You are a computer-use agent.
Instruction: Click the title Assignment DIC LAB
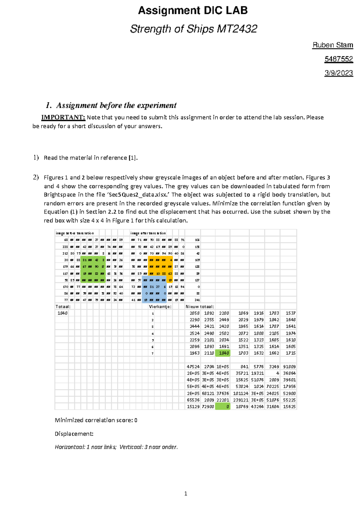click(193, 11)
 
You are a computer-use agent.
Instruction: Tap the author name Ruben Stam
click(333, 45)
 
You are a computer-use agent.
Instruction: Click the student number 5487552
click(338, 59)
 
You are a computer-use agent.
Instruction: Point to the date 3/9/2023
click(338, 73)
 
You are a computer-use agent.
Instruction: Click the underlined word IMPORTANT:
click(63, 117)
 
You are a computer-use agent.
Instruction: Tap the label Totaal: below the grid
click(63, 306)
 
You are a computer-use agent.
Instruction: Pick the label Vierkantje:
click(160, 306)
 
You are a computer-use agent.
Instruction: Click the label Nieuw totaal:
click(200, 306)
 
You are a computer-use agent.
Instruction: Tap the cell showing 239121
click(241, 400)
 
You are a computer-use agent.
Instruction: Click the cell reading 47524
click(193, 367)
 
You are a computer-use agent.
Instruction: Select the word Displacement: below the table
click(74, 434)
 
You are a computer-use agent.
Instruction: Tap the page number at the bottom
click(185, 494)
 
